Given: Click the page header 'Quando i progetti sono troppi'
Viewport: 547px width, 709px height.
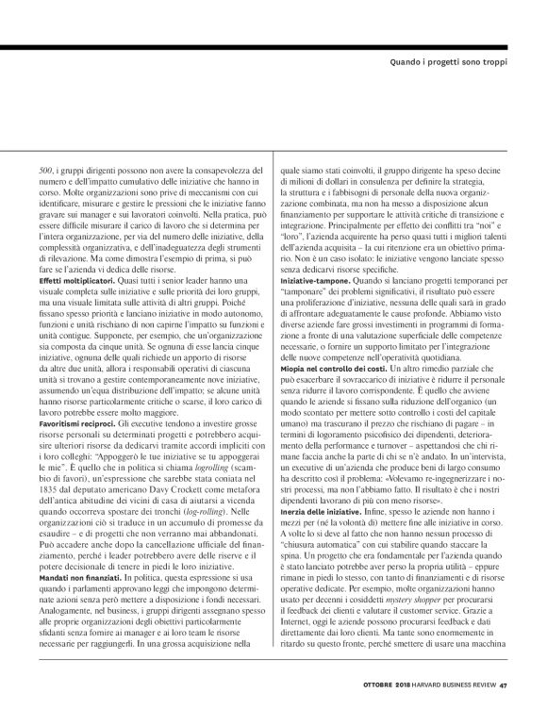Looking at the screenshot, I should (457, 63).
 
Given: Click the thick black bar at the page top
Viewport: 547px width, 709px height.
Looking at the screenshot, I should (273, 45).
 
